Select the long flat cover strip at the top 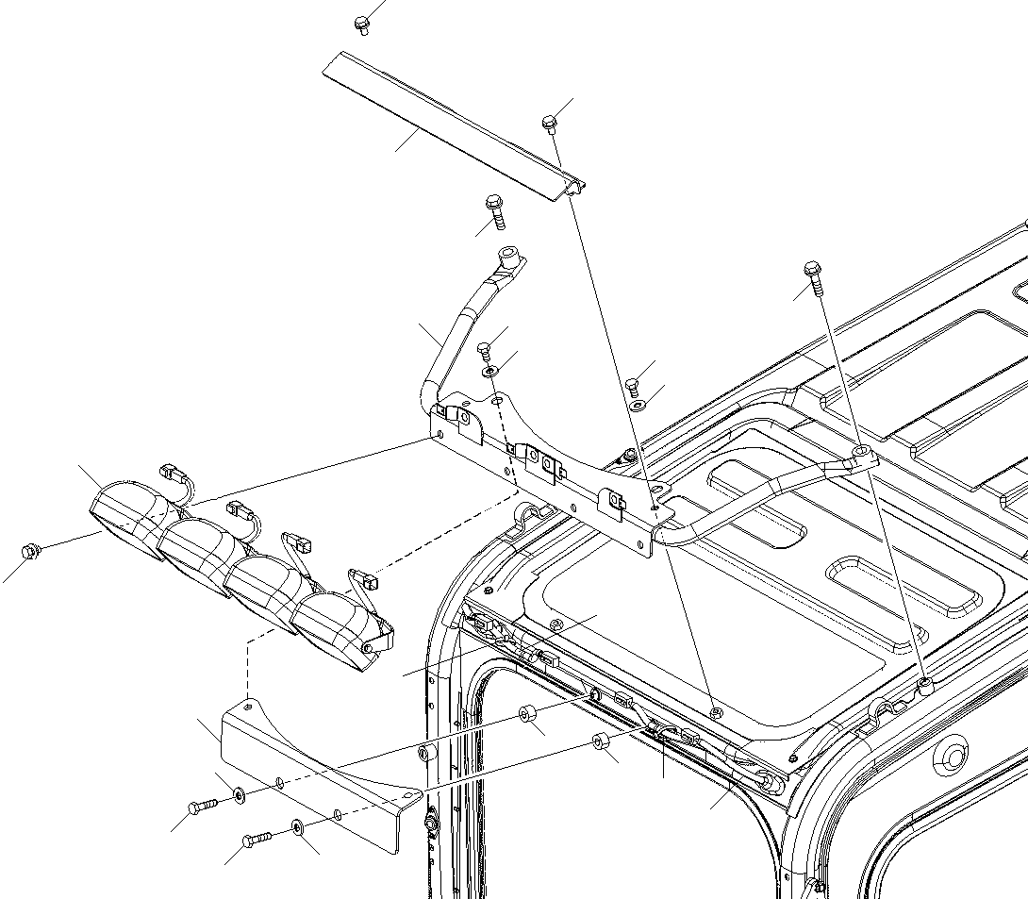click(443, 123)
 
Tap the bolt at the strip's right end click(550, 123)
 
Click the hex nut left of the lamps click(30, 549)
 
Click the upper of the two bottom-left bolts click(202, 806)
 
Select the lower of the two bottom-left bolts click(256, 837)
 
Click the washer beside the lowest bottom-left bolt click(297, 827)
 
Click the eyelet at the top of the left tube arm click(509, 255)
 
